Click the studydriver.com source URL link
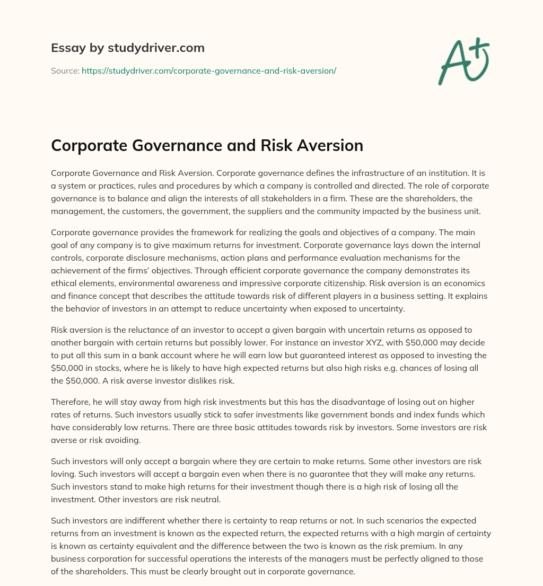point(209,70)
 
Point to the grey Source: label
point(65,70)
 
